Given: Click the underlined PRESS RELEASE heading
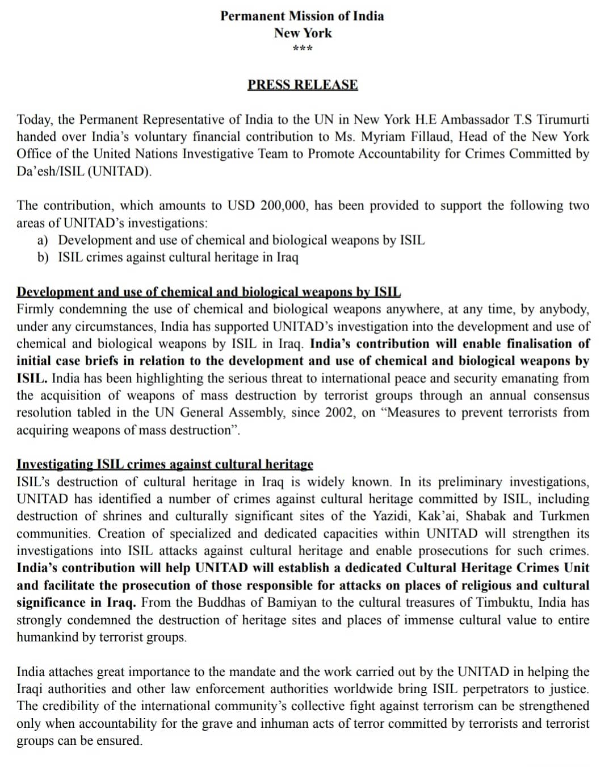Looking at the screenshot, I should (x=303, y=85).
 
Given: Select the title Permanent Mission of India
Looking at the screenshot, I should (x=302, y=16).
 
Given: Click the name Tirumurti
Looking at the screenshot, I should (x=563, y=120).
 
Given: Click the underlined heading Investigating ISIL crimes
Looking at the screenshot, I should (x=165, y=465).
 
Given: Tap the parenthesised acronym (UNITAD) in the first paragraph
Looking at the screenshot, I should (x=120, y=172).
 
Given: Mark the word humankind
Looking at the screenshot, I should (x=48, y=637).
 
